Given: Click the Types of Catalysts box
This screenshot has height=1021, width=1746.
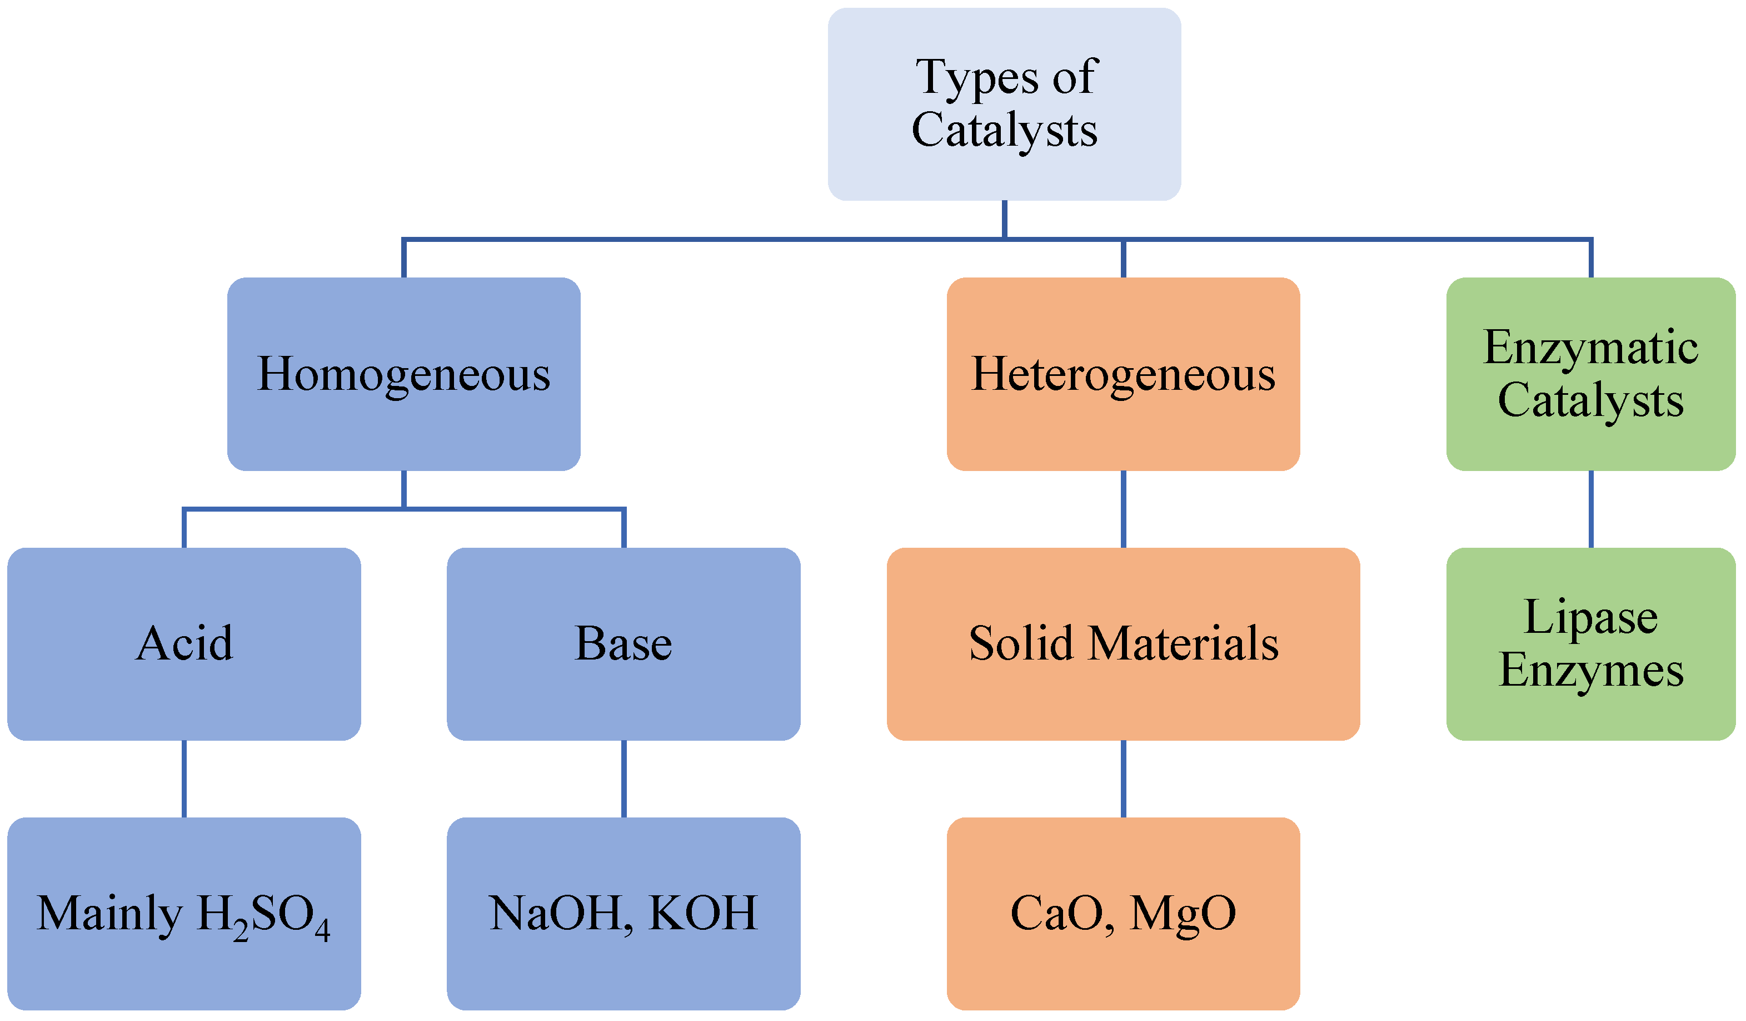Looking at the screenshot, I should (x=1004, y=104).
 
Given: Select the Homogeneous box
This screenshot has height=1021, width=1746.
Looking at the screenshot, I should (x=403, y=374).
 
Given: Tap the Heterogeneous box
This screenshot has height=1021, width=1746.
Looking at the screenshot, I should (x=1123, y=374).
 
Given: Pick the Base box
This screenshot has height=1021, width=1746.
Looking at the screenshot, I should (x=623, y=643).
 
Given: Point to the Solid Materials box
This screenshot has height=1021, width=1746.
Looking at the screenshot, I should (x=1123, y=643).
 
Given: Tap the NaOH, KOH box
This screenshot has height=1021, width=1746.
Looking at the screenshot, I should (x=623, y=913).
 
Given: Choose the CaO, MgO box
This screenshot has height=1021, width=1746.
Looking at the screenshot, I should (x=1123, y=913).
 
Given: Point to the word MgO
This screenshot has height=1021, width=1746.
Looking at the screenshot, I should (x=1183, y=914).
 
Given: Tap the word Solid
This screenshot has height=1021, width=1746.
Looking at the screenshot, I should (x=1021, y=643).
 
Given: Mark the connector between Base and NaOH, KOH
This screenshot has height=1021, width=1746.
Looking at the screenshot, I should (x=623, y=779).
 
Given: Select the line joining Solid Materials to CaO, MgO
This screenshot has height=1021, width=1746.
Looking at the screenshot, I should (x=1123, y=779).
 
